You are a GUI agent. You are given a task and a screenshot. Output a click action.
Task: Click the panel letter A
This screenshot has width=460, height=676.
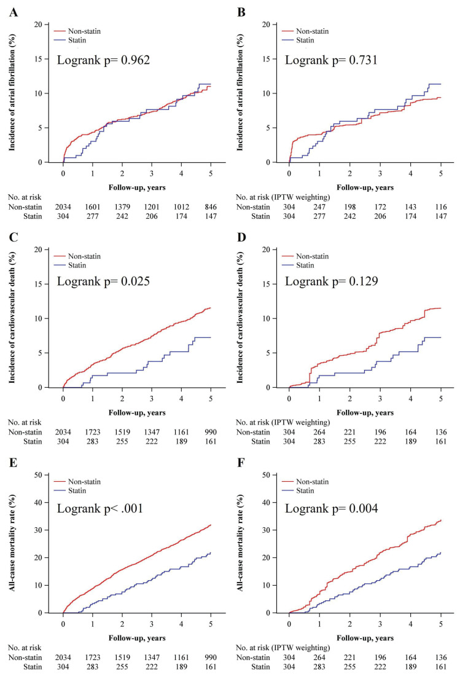14,12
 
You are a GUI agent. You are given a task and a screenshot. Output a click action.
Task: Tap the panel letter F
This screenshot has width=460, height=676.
241,463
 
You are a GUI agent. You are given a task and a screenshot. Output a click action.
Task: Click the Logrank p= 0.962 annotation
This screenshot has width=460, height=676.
103,60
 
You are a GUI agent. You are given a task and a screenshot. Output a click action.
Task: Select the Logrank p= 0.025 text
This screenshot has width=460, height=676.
103,281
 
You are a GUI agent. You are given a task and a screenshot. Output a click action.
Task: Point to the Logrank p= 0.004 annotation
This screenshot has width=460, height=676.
331,509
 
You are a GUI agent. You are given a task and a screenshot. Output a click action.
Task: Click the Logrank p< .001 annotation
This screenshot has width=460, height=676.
100,509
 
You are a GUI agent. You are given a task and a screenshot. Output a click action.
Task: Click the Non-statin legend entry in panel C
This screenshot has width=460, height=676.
77,256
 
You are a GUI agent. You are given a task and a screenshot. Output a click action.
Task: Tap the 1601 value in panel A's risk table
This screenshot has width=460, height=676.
93,207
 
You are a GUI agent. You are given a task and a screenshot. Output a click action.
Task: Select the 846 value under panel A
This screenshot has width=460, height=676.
211,207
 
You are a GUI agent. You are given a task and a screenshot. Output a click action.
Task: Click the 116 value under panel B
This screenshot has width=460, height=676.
440,207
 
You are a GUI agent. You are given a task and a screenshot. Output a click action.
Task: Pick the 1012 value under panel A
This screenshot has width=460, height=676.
181,207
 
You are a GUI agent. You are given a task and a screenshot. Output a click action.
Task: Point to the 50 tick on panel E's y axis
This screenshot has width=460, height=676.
38,475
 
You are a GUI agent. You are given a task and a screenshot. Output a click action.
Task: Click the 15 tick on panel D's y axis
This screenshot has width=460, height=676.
266,284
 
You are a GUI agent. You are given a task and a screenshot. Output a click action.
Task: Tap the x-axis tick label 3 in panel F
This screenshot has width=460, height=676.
380,624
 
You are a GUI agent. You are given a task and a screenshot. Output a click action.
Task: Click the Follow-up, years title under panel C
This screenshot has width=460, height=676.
137,412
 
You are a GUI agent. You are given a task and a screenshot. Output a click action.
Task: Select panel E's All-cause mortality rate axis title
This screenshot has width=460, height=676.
12,543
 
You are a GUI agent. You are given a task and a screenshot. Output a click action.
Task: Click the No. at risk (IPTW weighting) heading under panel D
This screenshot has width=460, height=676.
283,423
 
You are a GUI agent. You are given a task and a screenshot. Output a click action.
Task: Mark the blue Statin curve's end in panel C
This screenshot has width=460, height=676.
211,337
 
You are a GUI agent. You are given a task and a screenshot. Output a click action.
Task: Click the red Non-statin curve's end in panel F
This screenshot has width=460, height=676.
441,521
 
